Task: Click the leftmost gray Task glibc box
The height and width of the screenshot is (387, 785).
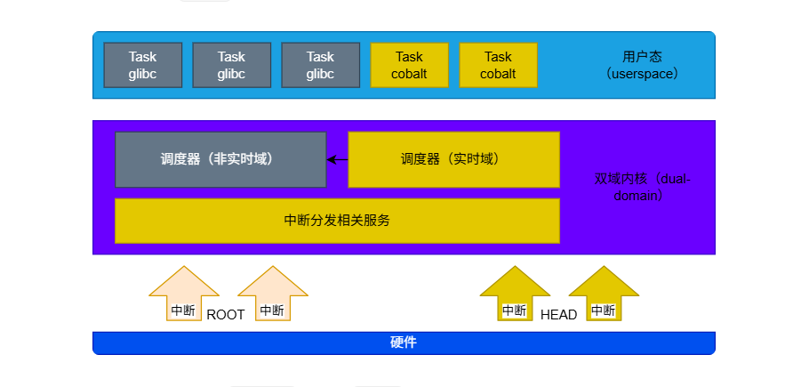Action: pos(142,65)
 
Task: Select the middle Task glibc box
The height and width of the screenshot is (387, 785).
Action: pos(231,65)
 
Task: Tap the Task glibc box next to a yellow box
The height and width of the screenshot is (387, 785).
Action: pos(320,65)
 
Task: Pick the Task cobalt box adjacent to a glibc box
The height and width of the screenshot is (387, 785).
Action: pos(409,65)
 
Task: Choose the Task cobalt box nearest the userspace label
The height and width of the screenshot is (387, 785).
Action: pos(498,65)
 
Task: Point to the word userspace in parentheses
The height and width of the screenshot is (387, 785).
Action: pos(643,74)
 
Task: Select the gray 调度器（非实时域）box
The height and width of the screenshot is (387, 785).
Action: pos(220,159)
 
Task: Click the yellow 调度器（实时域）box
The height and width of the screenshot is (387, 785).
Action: pos(453,159)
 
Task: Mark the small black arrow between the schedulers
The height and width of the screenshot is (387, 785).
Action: pos(337,160)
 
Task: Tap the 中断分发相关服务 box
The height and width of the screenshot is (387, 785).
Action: pos(337,221)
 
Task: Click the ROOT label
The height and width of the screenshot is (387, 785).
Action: pos(225,314)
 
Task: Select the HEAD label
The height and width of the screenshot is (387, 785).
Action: pos(558,314)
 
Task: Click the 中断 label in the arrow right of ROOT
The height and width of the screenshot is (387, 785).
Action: pos(272,310)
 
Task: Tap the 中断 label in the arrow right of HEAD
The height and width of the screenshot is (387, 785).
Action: pos(603,310)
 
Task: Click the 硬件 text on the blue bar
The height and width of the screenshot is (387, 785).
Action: pos(404,343)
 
